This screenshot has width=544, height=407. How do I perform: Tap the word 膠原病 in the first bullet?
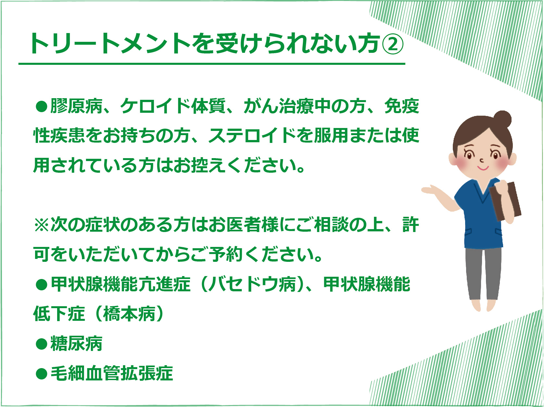tap(76, 106)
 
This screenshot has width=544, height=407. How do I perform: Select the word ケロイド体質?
tap(173, 106)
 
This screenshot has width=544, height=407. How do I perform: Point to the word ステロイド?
tap(253, 135)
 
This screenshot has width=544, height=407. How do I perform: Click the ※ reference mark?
tap(42, 225)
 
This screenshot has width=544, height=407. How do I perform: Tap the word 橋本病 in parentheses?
tap(129, 314)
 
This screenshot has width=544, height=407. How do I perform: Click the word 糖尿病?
tap(76, 343)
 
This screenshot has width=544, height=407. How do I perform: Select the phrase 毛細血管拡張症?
tap(112, 373)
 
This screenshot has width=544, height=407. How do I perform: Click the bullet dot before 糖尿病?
tap(42, 344)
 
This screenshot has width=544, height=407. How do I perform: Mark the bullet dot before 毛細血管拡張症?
tap(42, 374)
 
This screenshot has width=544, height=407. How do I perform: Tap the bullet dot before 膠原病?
tap(42, 106)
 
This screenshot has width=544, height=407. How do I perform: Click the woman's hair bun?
tap(502, 120)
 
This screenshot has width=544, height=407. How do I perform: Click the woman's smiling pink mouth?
tap(483, 169)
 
